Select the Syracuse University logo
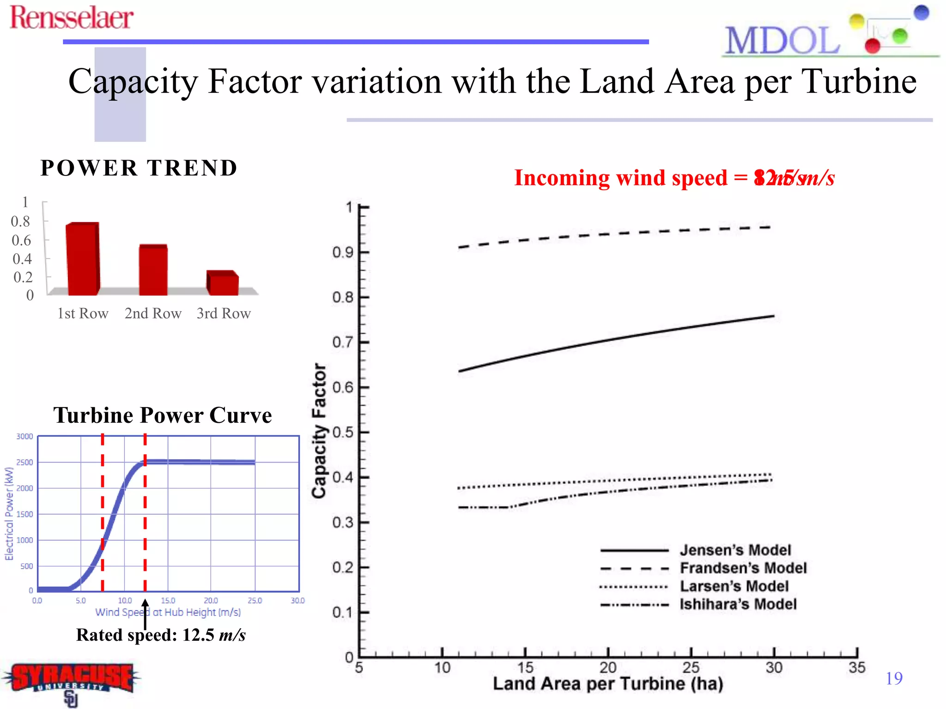click(72, 681)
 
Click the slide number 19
click(894, 678)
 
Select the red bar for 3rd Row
click(223, 283)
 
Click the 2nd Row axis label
click(153, 313)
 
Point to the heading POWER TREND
click(139, 168)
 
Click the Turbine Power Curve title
click(162, 415)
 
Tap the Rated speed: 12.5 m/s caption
click(161, 635)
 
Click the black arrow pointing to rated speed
click(145, 614)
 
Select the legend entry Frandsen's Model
click(743, 568)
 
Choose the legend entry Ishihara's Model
click(738, 604)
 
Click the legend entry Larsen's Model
click(734, 586)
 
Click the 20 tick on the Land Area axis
click(607, 667)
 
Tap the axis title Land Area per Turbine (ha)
click(607, 684)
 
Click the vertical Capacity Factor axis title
click(319, 430)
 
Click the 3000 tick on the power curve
click(24, 437)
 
